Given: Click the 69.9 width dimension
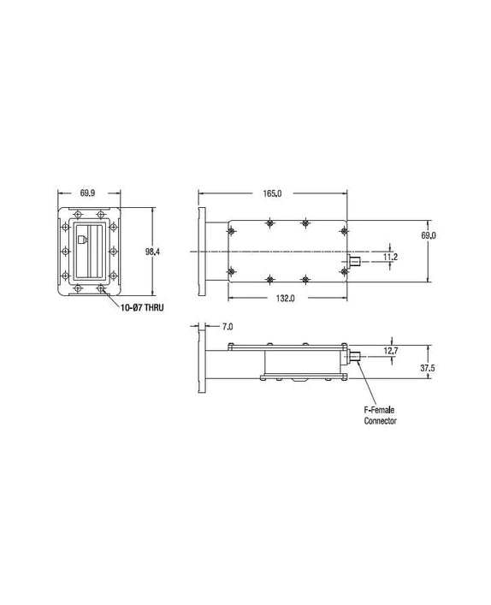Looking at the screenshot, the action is click(87, 193).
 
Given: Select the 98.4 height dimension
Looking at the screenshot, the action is click(152, 252).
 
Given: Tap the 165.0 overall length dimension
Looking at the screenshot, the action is click(272, 193).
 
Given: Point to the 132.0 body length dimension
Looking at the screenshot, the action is click(286, 299).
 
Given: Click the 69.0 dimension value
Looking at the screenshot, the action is click(429, 235).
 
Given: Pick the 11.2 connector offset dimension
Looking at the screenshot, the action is click(390, 257).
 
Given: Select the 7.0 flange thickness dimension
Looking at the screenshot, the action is click(228, 327).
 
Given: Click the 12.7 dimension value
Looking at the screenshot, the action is click(391, 351).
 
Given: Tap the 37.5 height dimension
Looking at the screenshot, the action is click(428, 368).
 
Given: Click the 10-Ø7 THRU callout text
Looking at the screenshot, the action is click(142, 307).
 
